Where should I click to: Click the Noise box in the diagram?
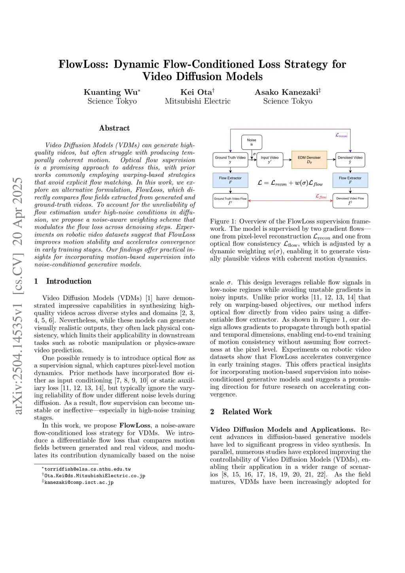tap(252, 142)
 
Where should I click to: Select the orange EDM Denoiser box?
tap(309, 159)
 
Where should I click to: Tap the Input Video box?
tap(270, 159)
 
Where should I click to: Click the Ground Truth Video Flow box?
tap(230, 201)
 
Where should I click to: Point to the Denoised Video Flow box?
tap(350, 201)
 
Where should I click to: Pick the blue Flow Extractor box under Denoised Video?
tap(350, 180)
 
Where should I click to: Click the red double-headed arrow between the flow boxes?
tap(290, 201)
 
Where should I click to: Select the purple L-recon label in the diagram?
tap(341, 135)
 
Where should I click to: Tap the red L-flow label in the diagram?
tap(321, 196)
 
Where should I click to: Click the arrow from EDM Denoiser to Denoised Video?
tap(331, 159)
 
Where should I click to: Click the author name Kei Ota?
tap(196, 92)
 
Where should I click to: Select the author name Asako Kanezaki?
tap(286, 92)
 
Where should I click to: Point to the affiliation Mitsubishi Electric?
tap(198, 101)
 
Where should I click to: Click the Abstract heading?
tap(114, 128)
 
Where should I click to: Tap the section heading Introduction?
tap(69, 281)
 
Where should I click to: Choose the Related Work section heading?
tap(247, 412)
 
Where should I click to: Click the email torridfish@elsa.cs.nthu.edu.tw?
tap(87, 469)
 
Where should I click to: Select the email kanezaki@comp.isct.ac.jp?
tap(79, 482)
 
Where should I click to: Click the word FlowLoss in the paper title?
tap(83, 64)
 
